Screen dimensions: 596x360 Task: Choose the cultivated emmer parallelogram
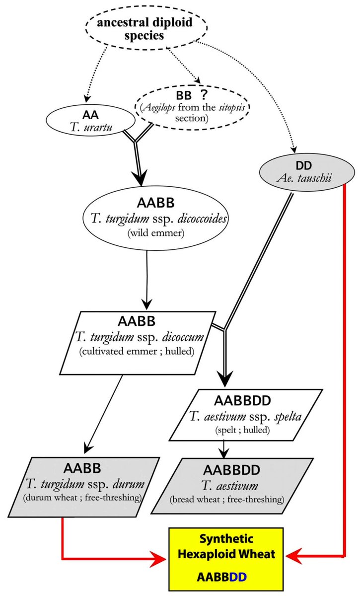[x=139, y=343]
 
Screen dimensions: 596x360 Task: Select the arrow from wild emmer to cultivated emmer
[x=147, y=278]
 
